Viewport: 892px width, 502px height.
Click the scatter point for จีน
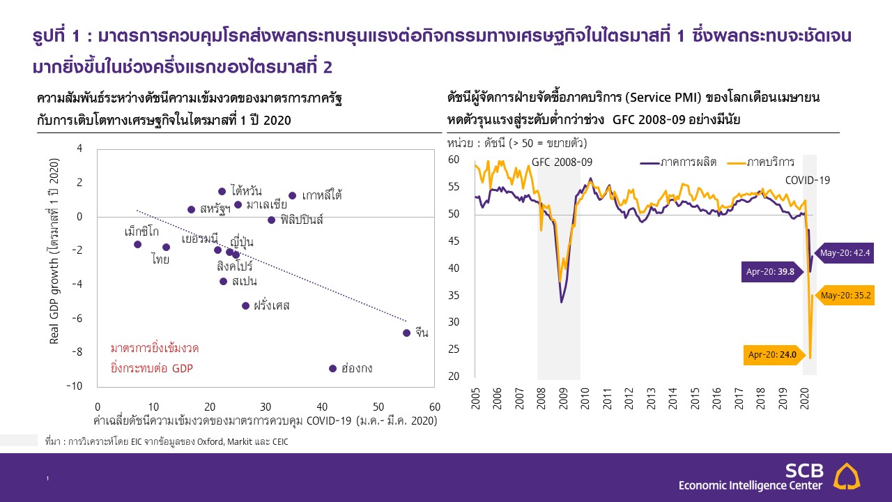(x=406, y=333)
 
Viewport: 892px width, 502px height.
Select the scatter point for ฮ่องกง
(x=332, y=368)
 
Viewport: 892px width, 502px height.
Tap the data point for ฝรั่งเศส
(x=245, y=305)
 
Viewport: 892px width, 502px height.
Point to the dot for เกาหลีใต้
(x=292, y=196)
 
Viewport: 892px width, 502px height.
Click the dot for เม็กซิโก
(x=137, y=244)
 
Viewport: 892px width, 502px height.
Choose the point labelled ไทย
(x=166, y=247)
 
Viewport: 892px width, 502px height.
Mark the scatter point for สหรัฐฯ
(x=191, y=209)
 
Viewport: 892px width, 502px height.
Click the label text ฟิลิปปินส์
(x=302, y=220)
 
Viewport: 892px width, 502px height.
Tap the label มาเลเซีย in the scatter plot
(x=266, y=204)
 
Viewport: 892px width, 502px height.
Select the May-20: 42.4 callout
(x=843, y=253)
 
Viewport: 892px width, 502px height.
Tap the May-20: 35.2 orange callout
(x=845, y=295)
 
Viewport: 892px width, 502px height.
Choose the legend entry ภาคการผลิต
(x=689, y=162)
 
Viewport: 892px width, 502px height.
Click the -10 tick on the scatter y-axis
(x=75, y=386)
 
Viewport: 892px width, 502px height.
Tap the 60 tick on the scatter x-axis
(x=434, y=406)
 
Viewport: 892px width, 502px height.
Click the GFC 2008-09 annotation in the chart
(x=562, y=162)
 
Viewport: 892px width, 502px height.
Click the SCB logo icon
(x=847, y=476)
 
